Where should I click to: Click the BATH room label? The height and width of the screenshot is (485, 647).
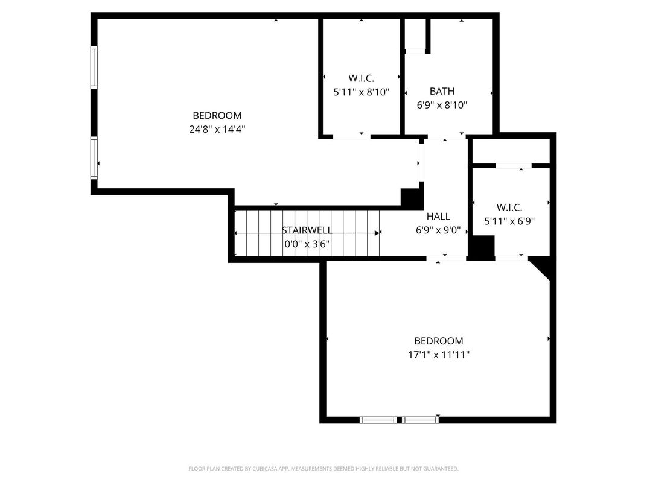pos(442,92)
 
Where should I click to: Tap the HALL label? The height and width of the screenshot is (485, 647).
pos(438,217)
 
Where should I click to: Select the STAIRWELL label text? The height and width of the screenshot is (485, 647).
pos(307,230)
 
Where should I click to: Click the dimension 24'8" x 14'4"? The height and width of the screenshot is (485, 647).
pos(217,128)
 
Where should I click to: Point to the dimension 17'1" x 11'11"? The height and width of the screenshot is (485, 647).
pos(438,355)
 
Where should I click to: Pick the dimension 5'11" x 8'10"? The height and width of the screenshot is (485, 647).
pos(361,92)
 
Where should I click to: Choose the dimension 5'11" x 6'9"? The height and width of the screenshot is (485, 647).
pos(509,221)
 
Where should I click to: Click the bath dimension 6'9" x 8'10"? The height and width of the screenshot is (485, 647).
pos(442,105)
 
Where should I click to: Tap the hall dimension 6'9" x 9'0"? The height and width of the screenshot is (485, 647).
pos(438,230)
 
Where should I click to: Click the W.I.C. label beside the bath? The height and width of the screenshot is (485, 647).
pos(361,78)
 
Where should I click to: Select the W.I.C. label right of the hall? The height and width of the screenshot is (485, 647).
pos(509,208)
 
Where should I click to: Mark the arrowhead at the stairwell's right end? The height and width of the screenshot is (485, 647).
pos(378,233)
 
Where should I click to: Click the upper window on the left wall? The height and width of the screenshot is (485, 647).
pos(94,67)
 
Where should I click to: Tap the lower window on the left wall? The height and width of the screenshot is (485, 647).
pos(94,158)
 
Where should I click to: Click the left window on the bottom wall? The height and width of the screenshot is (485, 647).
pos(378,420)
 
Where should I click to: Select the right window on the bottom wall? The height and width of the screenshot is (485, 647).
pos(420,420)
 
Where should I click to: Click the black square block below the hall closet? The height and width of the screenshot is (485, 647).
pos(482,247)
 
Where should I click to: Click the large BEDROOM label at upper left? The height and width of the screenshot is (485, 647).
pos(217,115)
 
